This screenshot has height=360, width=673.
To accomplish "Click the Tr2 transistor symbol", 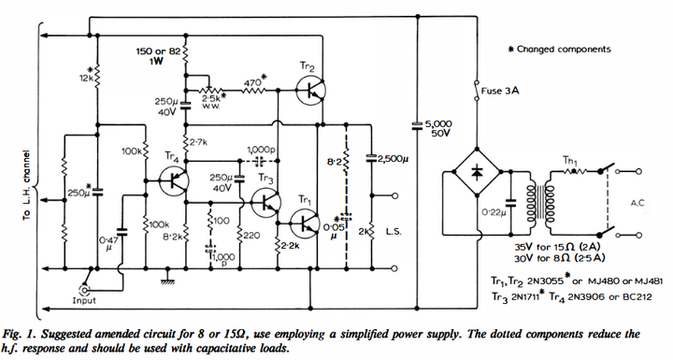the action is [x=310, y=91].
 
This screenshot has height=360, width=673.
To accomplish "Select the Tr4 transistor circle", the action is [x=174, y=181].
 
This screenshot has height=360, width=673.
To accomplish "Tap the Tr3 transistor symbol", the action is [x=266, y=202].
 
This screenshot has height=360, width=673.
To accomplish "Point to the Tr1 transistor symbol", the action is [x=305, y=223].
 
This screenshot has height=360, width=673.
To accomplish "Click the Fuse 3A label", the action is [x=499, y=91].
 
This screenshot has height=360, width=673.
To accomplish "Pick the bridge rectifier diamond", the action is [x=477, y=171].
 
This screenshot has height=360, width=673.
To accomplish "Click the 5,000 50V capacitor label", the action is [x=438, y=128].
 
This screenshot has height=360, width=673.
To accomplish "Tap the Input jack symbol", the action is [x=84, y=290].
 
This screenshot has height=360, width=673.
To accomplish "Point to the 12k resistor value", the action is [x=86, y=79].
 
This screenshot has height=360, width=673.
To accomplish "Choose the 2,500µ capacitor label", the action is [x=393, y=159].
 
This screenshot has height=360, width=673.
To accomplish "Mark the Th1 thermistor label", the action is [x=570, y=161].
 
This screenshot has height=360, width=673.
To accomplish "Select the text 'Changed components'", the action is [x=564, y=49].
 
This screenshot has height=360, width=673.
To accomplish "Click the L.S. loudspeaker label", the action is [x=394, y=232].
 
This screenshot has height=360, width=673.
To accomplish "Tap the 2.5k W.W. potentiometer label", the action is [x=212, y=101].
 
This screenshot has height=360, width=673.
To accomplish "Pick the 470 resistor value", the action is [x=252, y=82].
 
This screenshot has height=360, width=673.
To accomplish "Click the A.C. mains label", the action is [x=637, y=203].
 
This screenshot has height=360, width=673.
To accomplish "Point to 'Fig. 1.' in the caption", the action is [x=18, y=334].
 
